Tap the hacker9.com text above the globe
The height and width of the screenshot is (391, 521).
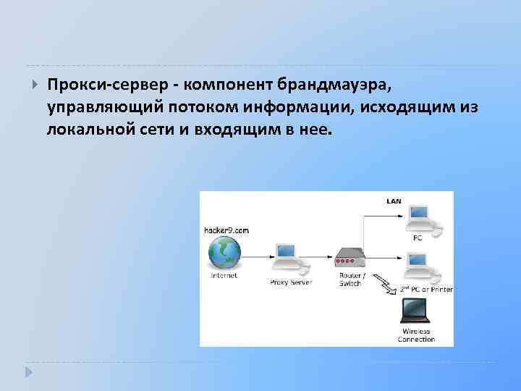pos(226,230)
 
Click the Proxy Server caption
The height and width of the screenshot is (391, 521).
pos(290,282)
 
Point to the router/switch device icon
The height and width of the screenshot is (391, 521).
pos(350,257)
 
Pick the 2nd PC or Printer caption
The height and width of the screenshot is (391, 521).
pos(426,289)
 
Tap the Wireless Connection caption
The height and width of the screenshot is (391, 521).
pos(416,335)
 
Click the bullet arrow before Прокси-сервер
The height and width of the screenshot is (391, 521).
pos(35,85)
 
